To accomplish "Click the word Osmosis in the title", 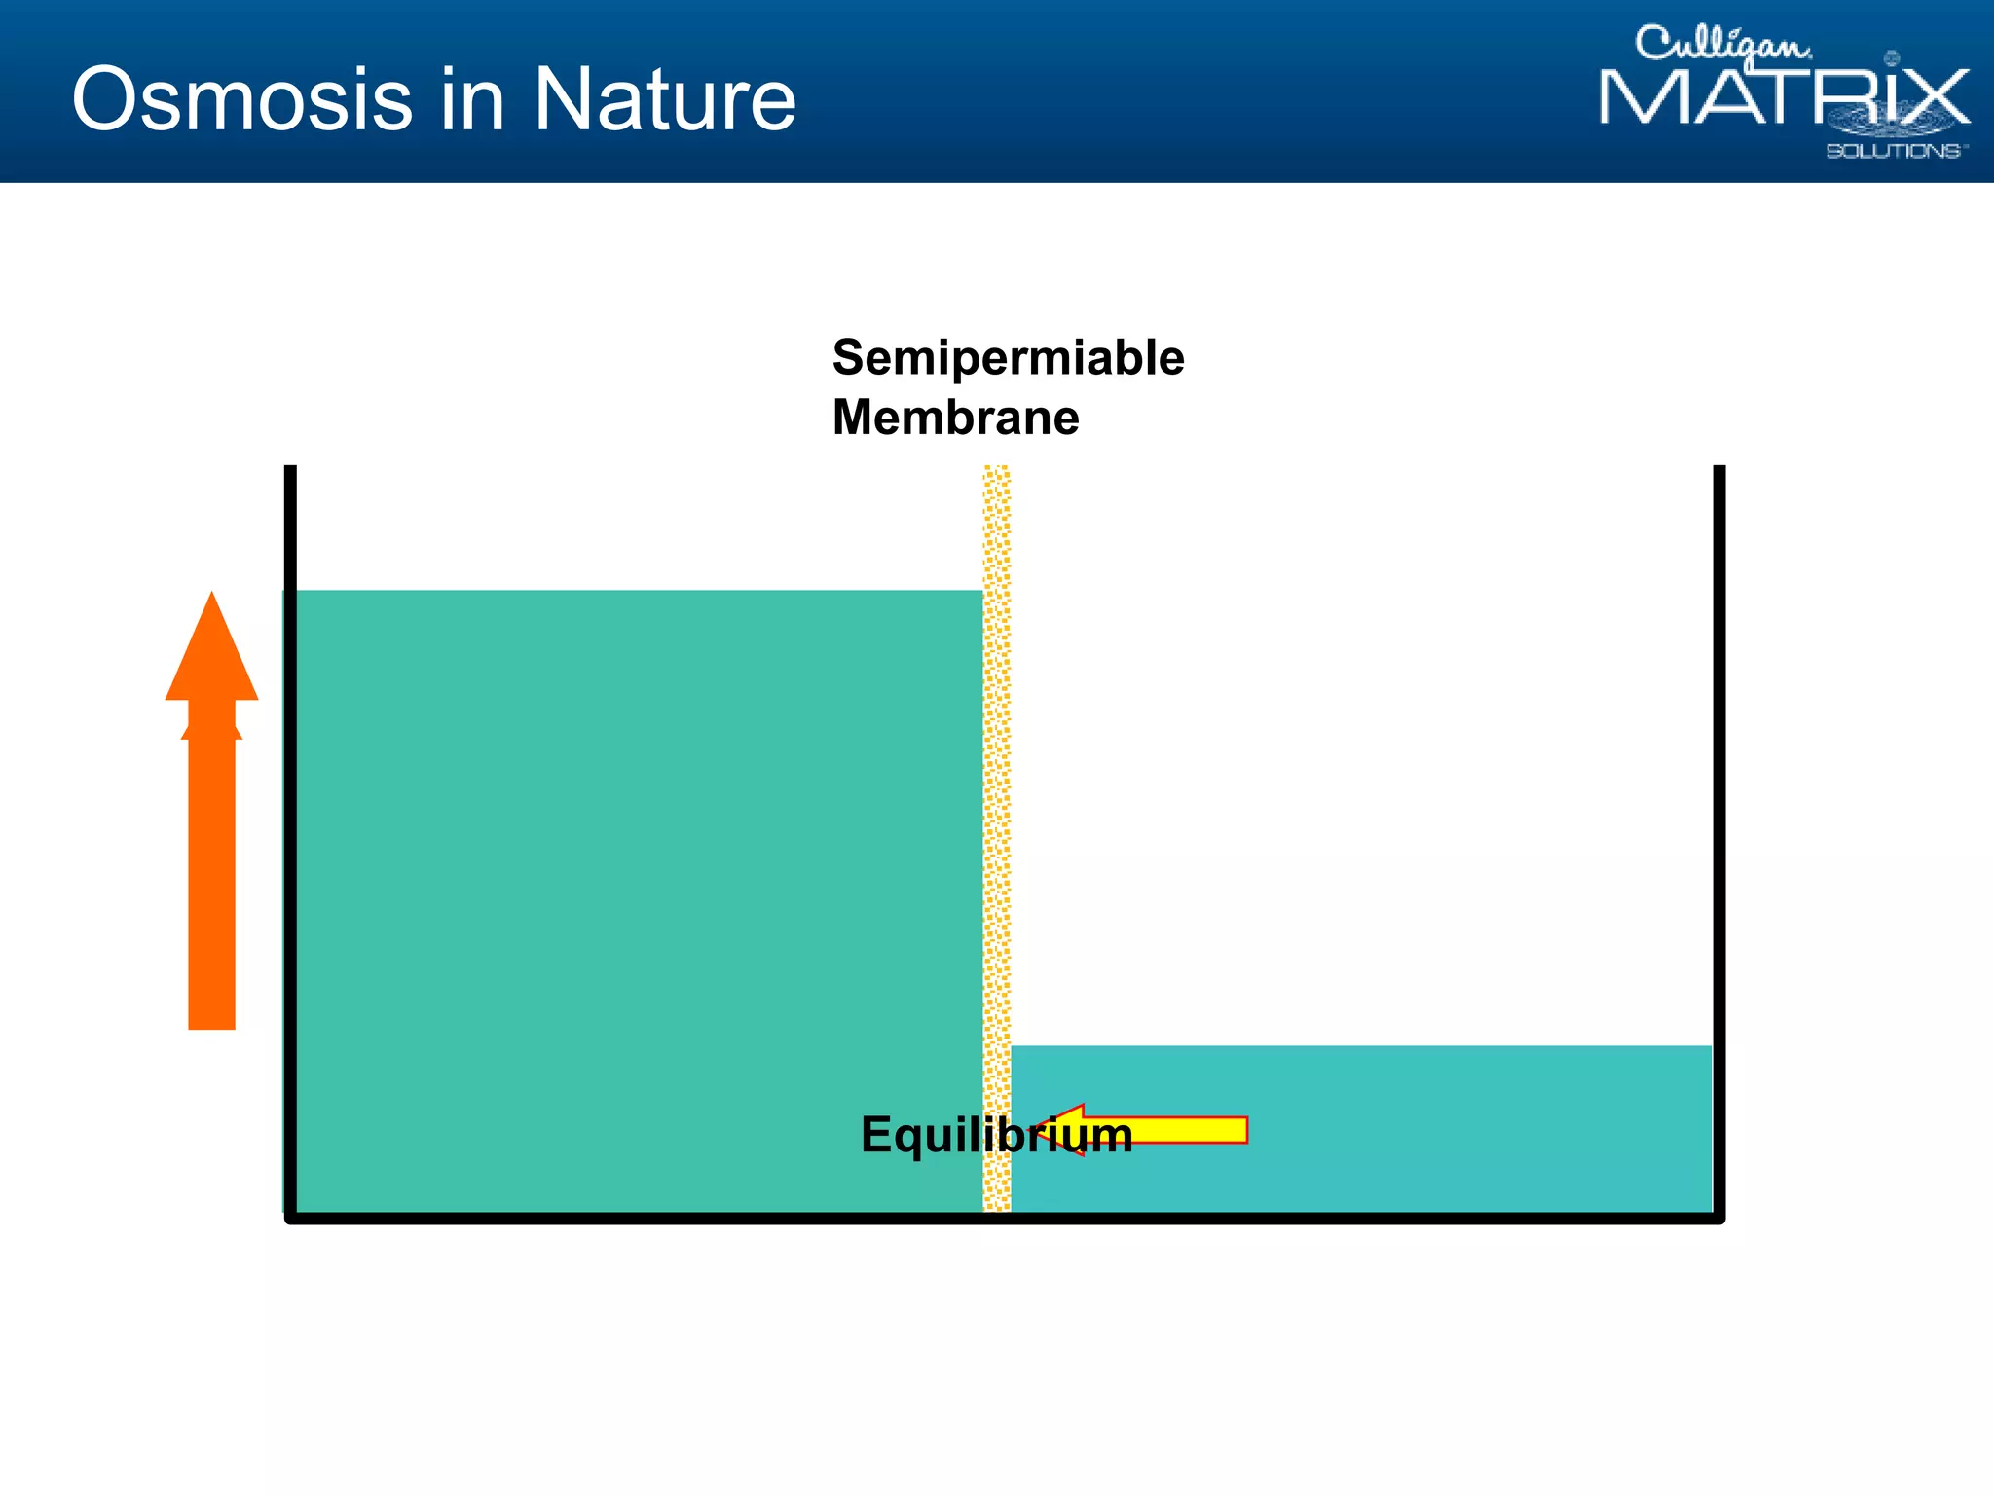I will pyautogui.click(x=241, y=99).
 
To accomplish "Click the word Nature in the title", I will pyautogui.click(x=664, y=99).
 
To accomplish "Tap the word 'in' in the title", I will pyautogui.click(x=471, y=99).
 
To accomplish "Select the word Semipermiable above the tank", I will pyautogui.click(x=1008, y=358).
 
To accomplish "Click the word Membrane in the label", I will pyautogui.click(x=955, y=418).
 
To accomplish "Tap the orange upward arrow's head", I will pyautogui.click(x=211, y=657).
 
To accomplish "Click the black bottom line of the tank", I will pyautogui.click(x=1003, y=1218).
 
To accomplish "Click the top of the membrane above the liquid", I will pyautogui.click(x=997, y=526).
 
